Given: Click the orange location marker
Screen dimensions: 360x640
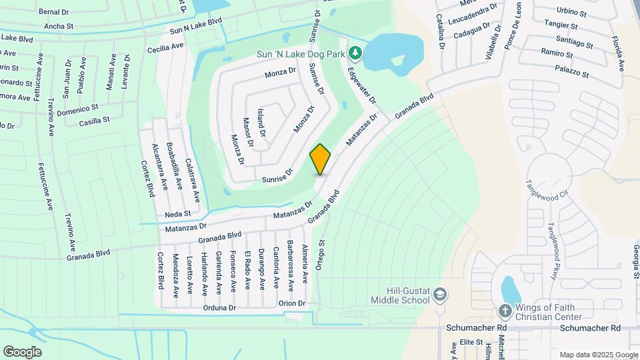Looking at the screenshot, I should click(321, 159).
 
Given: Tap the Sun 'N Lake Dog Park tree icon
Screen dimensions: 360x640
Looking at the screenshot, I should click(356, 52).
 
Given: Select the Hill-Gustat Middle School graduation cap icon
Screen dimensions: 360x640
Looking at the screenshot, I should click(440, 294).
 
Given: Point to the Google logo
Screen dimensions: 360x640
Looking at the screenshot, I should click(22, 351).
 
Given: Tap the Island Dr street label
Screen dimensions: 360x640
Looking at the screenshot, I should click(261, 123).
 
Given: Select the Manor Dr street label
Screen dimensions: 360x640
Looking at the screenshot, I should click(248, 131).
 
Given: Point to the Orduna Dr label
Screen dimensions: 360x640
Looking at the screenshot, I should click(220, 308).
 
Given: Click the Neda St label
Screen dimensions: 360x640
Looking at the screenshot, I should click(178, 214).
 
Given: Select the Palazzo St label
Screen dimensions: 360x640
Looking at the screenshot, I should click(574, 71).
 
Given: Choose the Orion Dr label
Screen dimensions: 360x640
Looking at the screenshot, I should click(292, 303).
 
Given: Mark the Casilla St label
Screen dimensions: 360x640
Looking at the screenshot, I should click(94, 121).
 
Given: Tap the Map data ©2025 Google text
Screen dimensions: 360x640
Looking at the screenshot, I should click(598, 355).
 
